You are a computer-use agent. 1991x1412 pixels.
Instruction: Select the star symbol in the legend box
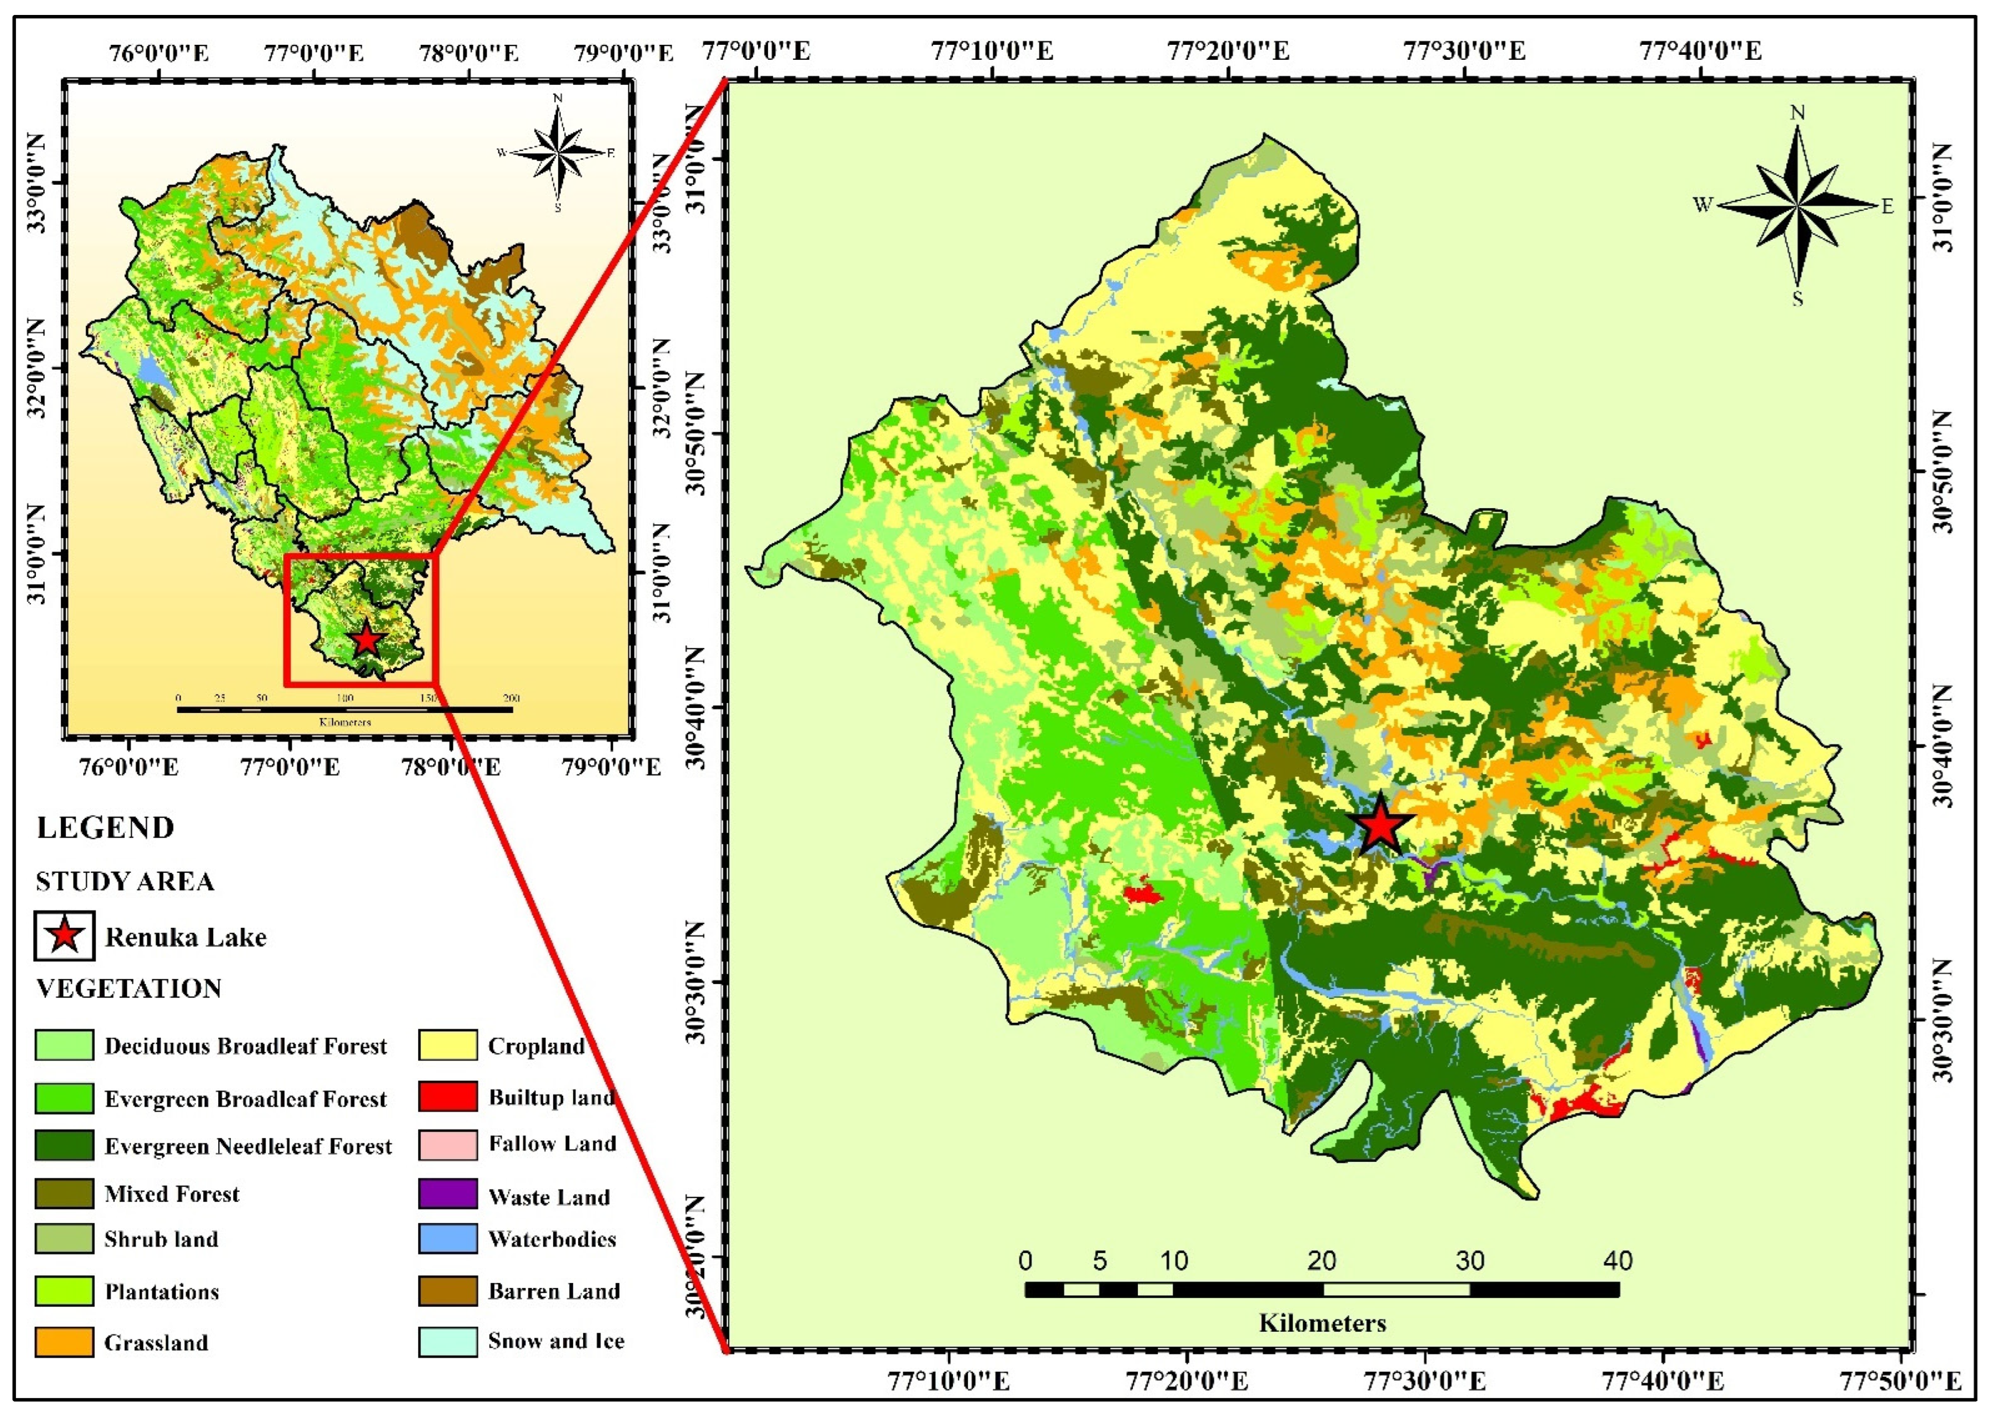coord(64,937)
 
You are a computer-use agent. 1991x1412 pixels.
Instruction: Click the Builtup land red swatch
coord(447,1097)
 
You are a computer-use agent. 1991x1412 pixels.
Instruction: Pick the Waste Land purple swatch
coord(447,1194)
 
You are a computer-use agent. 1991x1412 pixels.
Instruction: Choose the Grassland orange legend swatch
coord(64,1342)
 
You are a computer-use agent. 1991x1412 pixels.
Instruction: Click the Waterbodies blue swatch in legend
coord(447,1239)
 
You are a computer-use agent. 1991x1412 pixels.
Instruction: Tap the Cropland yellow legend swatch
coord(447,1045)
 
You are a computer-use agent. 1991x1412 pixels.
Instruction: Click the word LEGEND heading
coord(105,827)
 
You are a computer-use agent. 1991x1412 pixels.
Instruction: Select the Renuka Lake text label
coord(185,937)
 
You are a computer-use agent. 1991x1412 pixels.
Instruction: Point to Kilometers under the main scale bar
coord(1322,1323)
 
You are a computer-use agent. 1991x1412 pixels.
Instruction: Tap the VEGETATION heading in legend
coord(129,989)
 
